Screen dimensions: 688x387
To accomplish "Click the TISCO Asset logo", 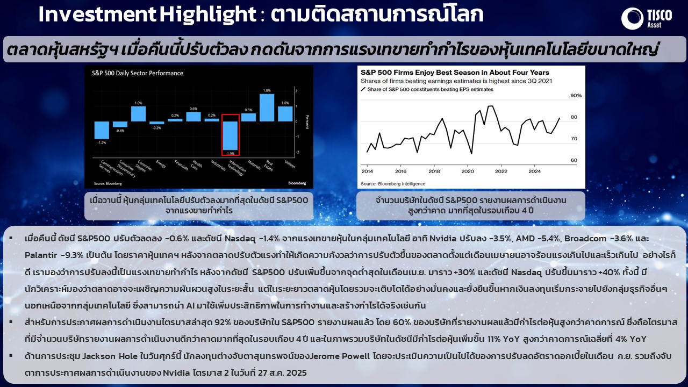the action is [x=647, y=18].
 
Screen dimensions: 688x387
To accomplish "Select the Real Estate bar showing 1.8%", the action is [x=267, y=107].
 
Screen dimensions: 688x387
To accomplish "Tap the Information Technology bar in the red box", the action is [x=230, y=135].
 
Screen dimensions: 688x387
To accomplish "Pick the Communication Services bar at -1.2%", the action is [x=102, y=130].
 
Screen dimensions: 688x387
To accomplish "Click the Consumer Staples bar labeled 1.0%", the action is [x=138, y=113].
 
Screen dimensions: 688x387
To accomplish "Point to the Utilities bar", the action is [x=285, y=113].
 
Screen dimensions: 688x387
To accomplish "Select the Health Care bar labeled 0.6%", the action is [x=193, y=117].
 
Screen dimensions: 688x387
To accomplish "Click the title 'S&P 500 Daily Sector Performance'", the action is [x=137, y=73].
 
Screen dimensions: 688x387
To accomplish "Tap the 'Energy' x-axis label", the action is [x=161, y=164].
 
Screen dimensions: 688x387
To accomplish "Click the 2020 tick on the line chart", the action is [x=468, y=171].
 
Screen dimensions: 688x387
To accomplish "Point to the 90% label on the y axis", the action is [x=576, y=96].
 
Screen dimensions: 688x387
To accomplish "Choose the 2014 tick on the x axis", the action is [x=367, y=171].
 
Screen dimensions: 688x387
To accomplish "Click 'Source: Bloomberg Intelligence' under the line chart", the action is [x=393, y=184].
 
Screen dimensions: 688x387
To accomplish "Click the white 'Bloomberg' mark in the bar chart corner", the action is [x=297, y=183].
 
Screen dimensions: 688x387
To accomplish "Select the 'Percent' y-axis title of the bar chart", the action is [x=307, y=121].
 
